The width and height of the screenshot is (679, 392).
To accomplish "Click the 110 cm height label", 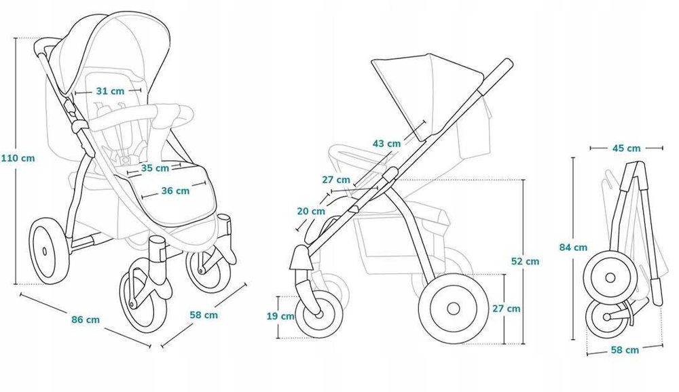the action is coord(18,158).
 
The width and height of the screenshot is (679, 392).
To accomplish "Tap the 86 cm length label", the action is coord(86,319).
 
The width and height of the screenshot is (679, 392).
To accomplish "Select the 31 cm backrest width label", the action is coord(110,91).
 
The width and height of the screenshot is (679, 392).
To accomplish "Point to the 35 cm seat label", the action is coord(155,168).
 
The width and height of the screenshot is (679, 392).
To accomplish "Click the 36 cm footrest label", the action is coord(175,191).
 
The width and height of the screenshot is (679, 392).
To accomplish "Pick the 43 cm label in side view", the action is coord(387,143).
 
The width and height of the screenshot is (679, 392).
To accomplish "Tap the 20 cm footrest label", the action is coord(311,211).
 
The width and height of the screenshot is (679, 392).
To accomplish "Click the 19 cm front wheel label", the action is coord(280,316).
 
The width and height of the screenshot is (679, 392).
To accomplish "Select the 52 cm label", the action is coord(526,261).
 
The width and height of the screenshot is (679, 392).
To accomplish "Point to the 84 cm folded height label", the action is coord(573,248).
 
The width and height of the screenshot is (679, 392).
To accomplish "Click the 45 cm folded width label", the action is coord(626,148).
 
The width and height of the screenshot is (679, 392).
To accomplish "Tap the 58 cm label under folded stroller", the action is coord(625,349).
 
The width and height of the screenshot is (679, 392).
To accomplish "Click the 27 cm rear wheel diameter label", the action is coord(507,309).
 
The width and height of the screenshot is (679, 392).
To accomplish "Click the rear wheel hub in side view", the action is coord(454,309).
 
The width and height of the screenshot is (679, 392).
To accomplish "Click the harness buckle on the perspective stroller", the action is coord(126,159).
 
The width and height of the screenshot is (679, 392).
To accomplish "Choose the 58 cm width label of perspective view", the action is coord(204,315).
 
